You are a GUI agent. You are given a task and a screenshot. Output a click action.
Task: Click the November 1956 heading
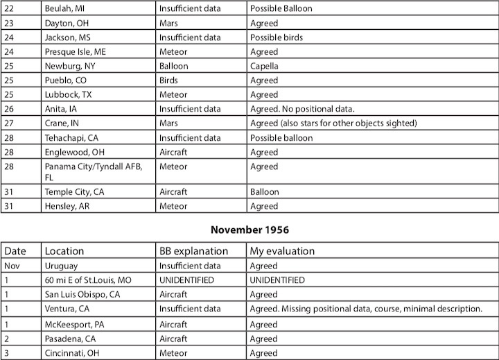tap(249, 230)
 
